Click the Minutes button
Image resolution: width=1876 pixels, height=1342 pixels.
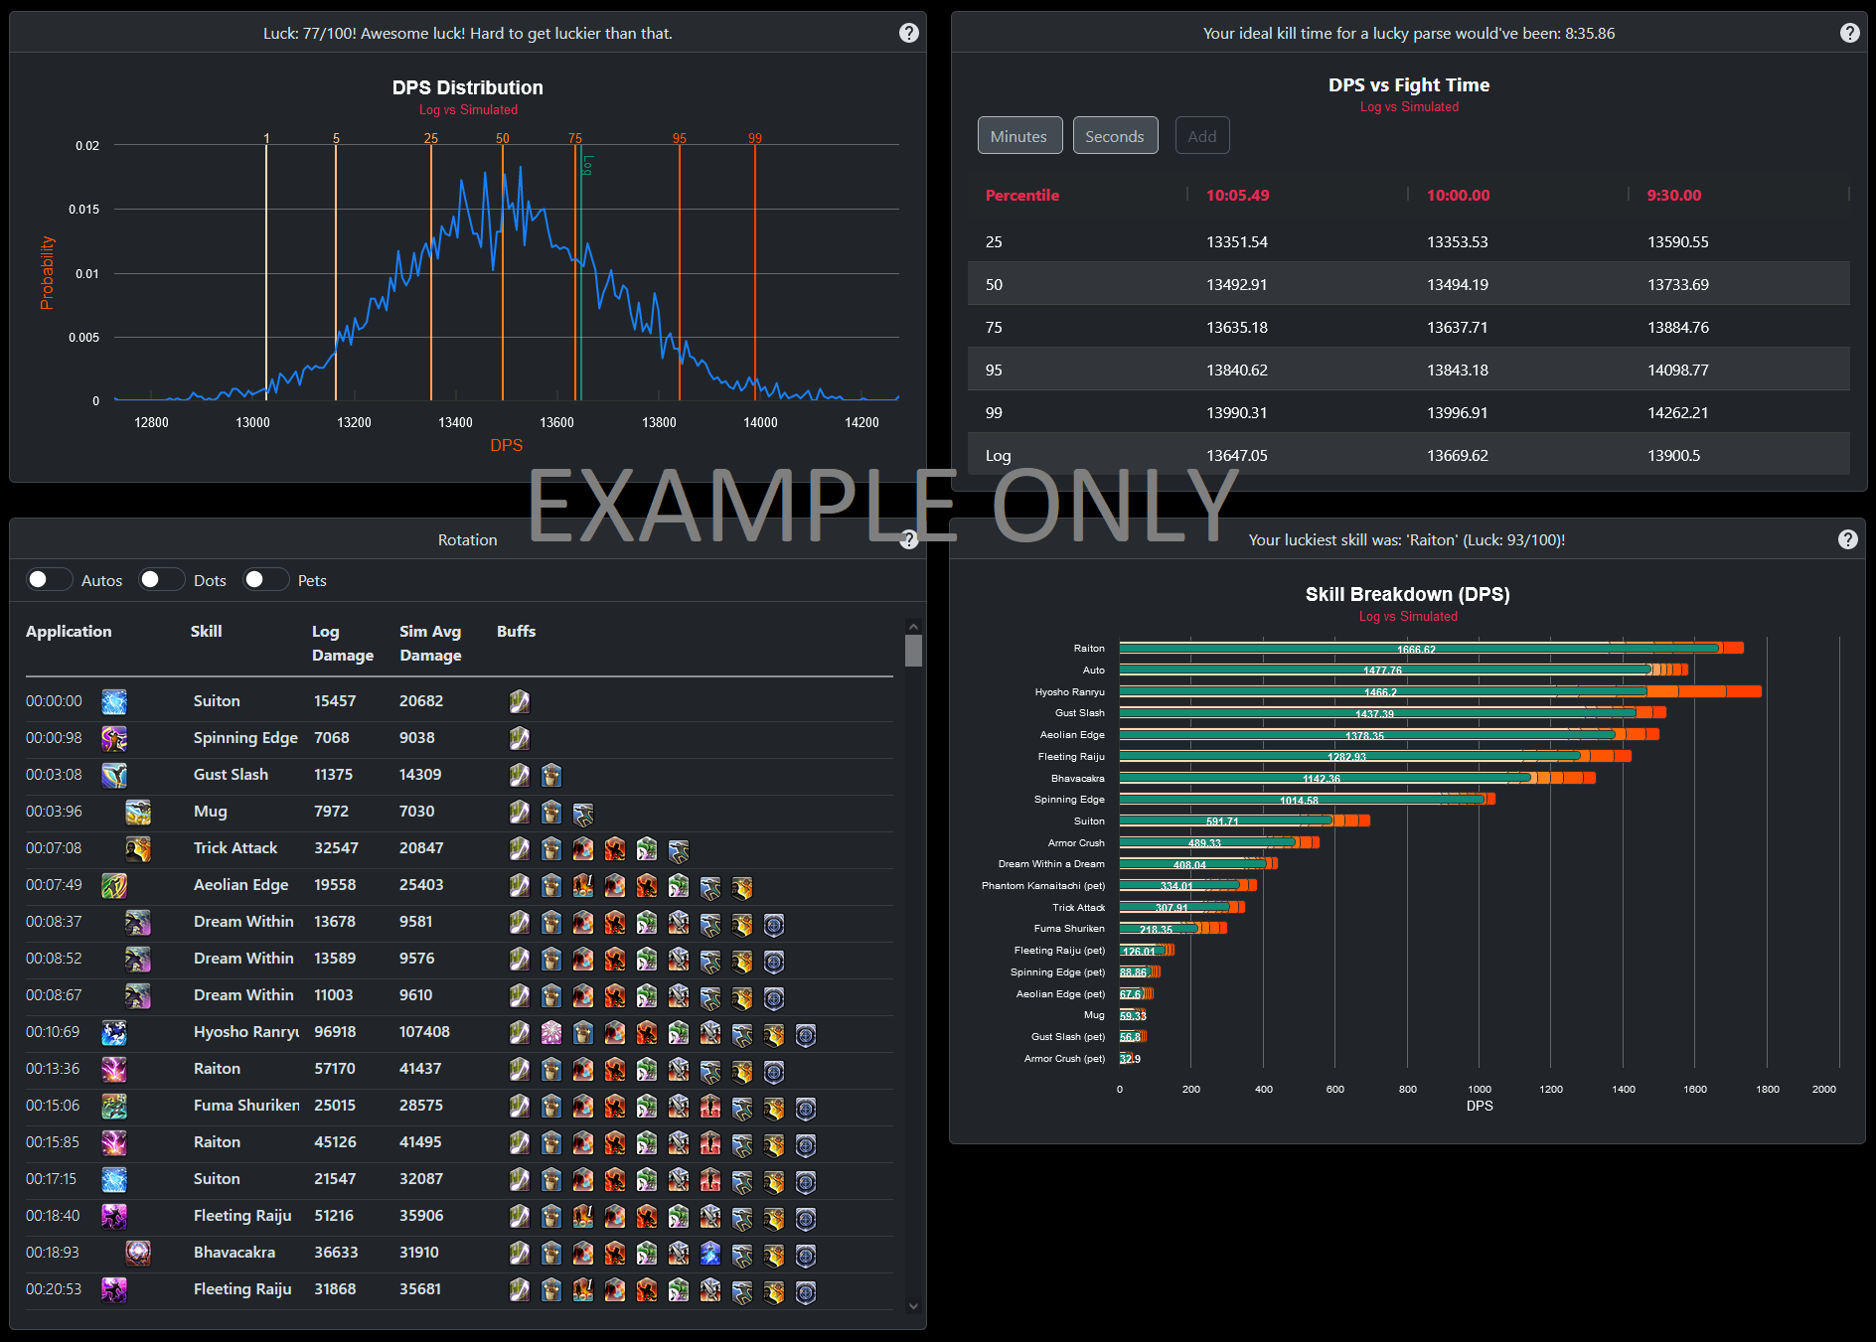[x=1018, y=136]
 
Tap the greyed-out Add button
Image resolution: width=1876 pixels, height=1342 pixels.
[x=1201, y=136]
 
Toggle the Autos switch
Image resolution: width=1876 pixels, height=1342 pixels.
[x=49, y=580]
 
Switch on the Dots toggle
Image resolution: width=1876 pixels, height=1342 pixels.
[x=161, y=580]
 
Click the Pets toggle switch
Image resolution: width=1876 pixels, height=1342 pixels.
[x=265, y=580]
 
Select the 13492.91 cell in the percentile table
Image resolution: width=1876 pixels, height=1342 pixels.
[x=1236, y=285]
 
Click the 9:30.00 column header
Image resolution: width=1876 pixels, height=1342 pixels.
[x=1673, y=196]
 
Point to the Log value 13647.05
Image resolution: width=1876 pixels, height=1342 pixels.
[x=1236, y=456]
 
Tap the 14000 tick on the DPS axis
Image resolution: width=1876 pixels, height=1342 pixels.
[x=760, y=423]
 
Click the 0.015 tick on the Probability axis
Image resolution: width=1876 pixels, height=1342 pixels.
[x=84, y=210]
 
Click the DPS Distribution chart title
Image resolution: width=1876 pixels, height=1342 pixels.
[x=467, y=87]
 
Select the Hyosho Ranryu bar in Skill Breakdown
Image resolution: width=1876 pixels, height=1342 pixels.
[x=1381, y=691]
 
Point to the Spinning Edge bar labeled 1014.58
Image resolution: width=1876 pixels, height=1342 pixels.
[x=1302, y=800]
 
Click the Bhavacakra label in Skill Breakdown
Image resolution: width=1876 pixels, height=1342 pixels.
[x=1077, y=779]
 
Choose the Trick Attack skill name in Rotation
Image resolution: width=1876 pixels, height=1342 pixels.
[x=235, y=848]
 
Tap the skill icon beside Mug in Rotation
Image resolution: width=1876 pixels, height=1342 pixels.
[x=138, y=813]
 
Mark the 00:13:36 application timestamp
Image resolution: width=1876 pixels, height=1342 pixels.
[x=54, y=1069]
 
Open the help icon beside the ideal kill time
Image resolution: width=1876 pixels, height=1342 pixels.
[x=1849, y=33]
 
